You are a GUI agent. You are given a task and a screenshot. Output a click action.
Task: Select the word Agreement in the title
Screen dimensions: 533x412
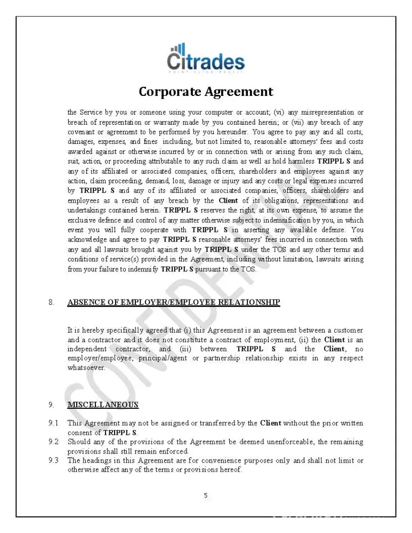point(239,92)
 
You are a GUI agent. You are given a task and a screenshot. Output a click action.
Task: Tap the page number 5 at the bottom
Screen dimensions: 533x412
point(206,495)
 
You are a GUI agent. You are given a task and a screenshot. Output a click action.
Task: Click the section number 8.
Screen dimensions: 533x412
point(51,303)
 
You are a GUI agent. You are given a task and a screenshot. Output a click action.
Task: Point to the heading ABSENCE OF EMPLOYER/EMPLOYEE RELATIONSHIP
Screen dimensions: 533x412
point(173,303)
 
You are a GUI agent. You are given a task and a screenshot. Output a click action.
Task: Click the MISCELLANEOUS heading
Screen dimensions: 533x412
point(103,405)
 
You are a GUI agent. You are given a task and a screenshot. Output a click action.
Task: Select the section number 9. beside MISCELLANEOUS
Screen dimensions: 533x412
point(51,405)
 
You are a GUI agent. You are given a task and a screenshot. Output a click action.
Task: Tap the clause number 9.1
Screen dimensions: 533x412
point(53,423)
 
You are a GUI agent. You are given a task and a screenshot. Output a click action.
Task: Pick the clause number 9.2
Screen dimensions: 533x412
point(53,442)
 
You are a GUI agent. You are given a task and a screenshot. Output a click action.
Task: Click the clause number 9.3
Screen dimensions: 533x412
point(53,461)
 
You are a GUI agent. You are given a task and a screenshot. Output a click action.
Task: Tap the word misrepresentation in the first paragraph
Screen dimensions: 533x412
point(325,112)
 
